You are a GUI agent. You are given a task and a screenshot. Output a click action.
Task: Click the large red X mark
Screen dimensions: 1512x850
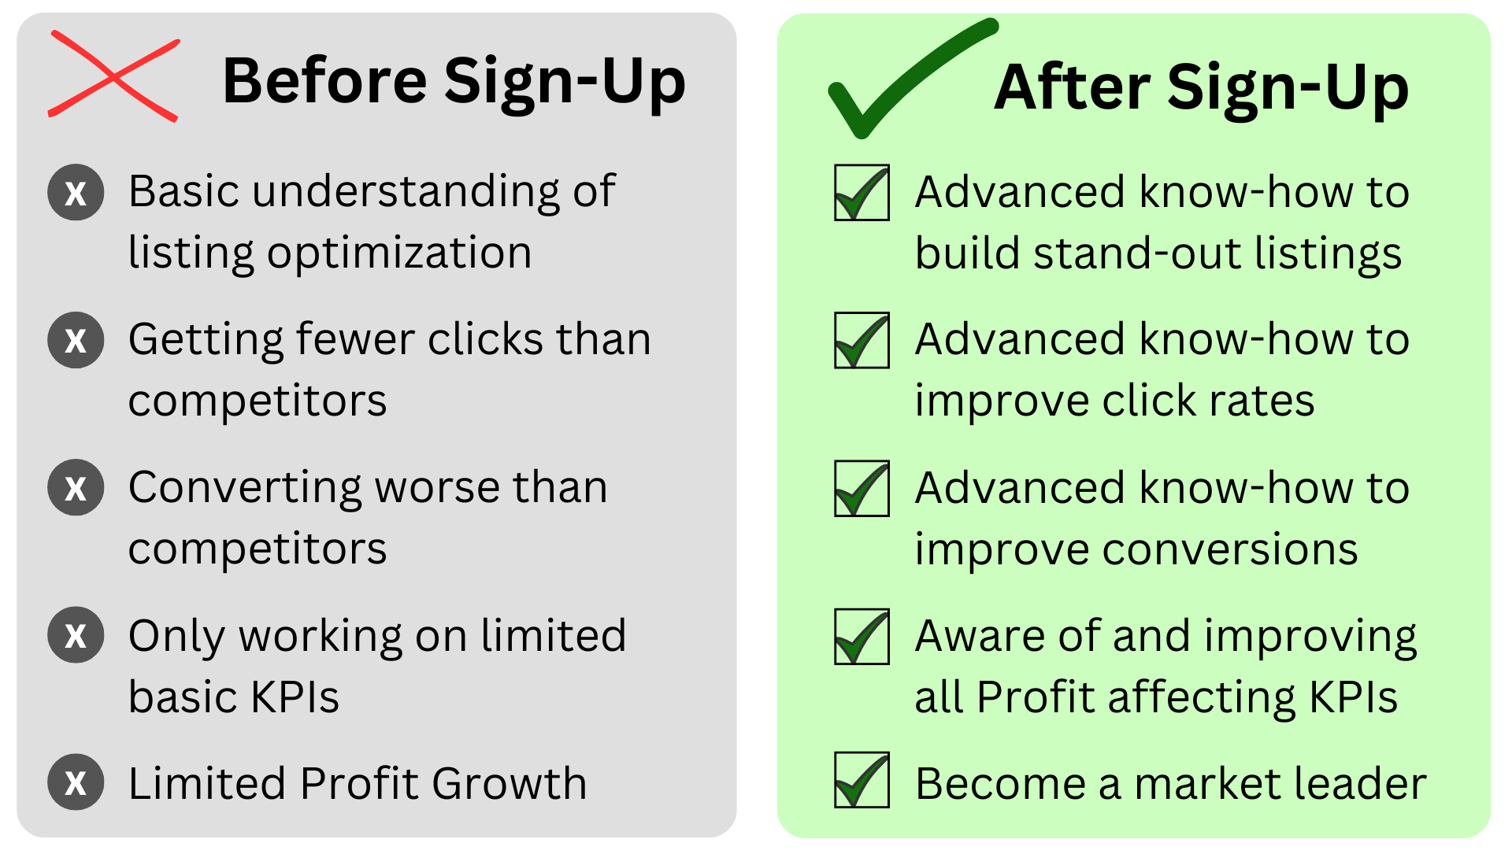point(114,76)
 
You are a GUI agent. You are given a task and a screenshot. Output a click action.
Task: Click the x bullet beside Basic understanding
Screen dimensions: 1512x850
point(76,192)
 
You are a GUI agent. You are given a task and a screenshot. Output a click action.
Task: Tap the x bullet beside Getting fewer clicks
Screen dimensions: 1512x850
point(76,340)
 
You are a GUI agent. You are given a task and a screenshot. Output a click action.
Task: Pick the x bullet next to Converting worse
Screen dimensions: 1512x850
point(76,487)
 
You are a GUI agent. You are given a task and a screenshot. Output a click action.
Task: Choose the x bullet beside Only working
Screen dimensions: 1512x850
point(76,634)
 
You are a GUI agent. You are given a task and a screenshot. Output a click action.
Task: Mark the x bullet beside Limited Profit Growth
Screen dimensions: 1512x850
point(76,782)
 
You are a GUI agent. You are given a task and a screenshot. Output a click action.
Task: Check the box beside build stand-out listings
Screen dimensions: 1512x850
point(862,193)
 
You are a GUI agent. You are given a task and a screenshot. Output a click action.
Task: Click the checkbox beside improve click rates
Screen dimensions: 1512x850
point(862,340)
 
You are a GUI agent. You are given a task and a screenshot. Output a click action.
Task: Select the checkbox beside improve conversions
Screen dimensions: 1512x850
point(862,488)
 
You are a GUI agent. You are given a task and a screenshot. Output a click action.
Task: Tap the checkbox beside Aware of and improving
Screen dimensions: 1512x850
point(862,636)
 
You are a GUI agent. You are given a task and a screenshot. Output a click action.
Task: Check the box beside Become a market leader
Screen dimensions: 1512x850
point(862,780)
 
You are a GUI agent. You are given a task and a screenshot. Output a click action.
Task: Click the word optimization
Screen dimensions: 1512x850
point(399,254)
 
